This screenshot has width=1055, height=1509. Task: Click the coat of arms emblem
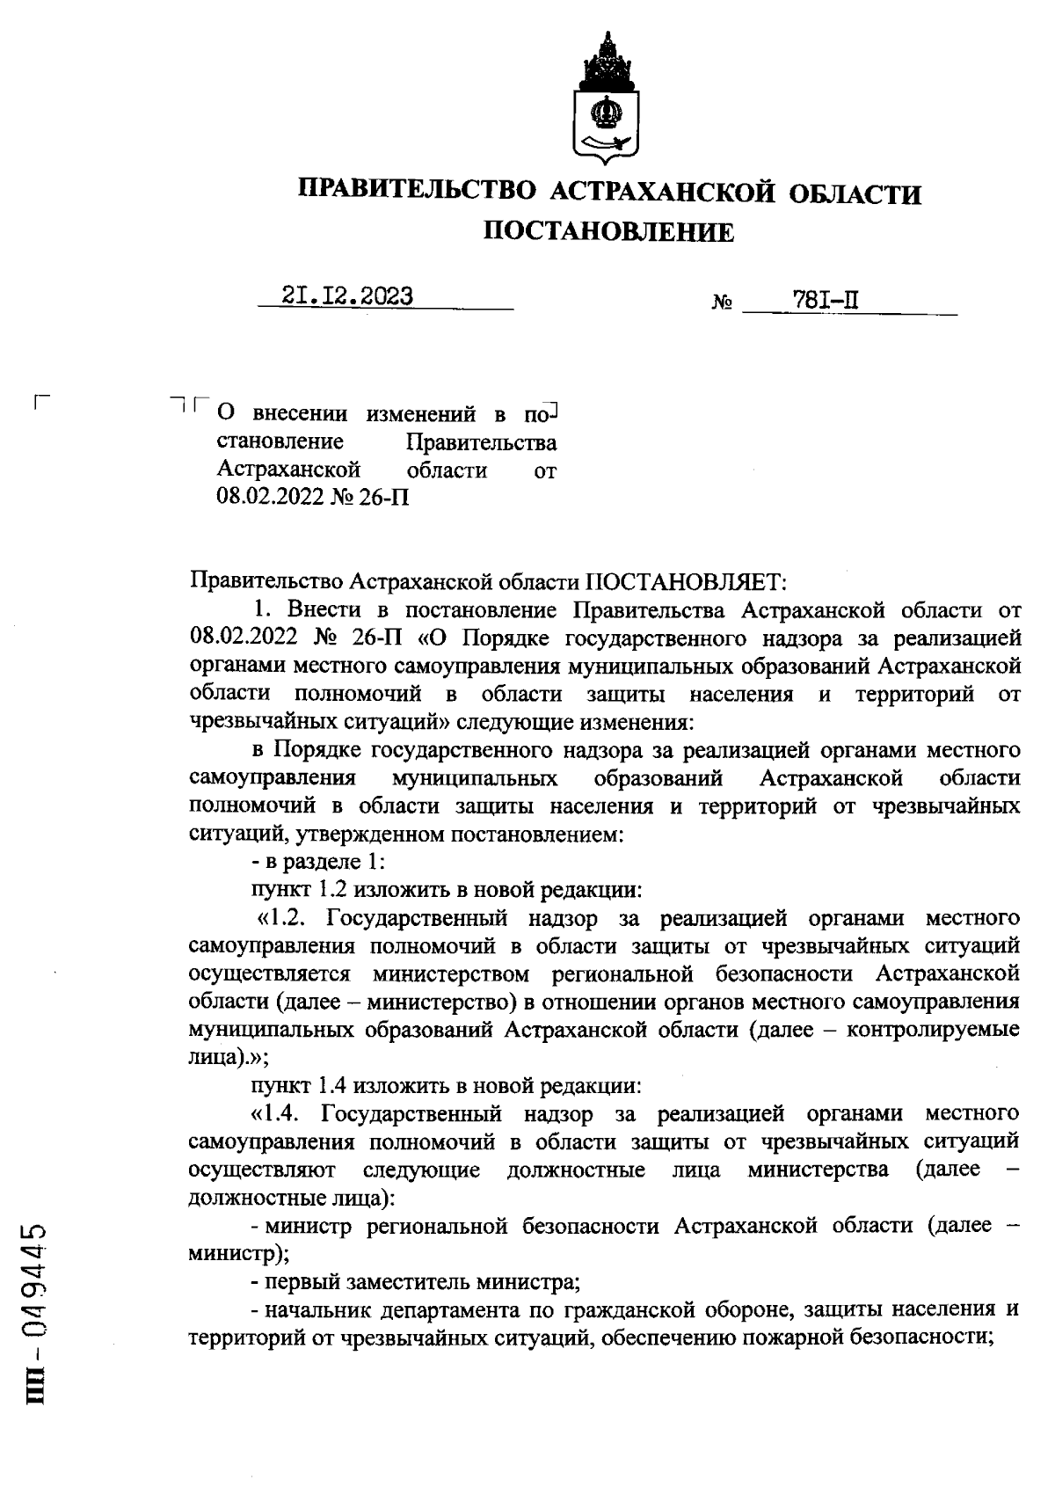[608, 99]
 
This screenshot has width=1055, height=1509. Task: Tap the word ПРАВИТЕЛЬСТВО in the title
[418, 192]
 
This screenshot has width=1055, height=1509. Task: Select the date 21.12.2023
[348, 297]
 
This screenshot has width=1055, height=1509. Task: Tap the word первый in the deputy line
[295, 1282]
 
